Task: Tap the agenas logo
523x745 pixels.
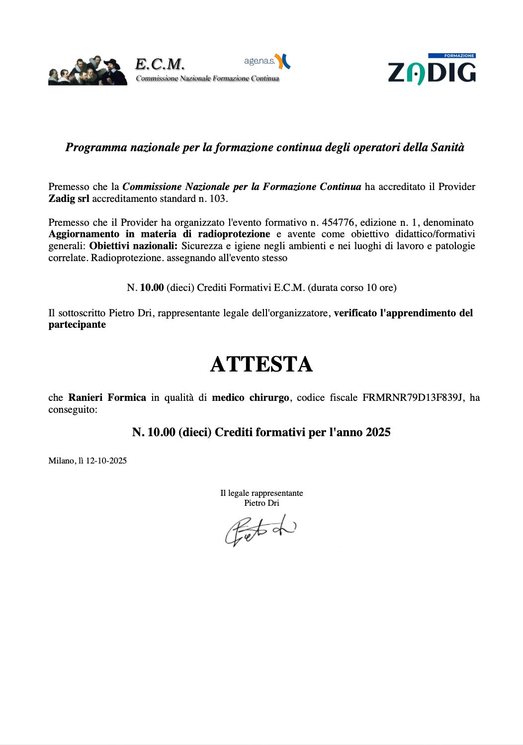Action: click(x=267, y=61)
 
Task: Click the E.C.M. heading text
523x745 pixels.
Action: click(x=160, y=64)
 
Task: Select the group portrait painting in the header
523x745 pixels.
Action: click(x=87, y=71)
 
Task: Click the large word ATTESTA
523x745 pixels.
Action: click(x=261, y=364)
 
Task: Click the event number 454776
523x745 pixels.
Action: click(x=338, y=222)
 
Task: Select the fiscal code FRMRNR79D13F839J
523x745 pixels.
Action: click(x=413, y=398)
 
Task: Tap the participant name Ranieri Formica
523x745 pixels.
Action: click(x=107, y=398)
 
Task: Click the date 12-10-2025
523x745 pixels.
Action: click(x=106, y=461)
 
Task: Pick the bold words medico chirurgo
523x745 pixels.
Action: click(x=250, y=398)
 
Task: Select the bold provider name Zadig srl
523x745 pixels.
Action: click(x=69, y=199)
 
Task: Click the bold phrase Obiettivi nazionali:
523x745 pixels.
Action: click(x=133, y=246)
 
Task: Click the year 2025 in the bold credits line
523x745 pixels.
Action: click(x=378, y=432)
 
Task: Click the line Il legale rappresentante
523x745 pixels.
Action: click(x=261, y=493)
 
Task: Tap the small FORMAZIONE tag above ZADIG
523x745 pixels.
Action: click(x=452, y=56)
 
